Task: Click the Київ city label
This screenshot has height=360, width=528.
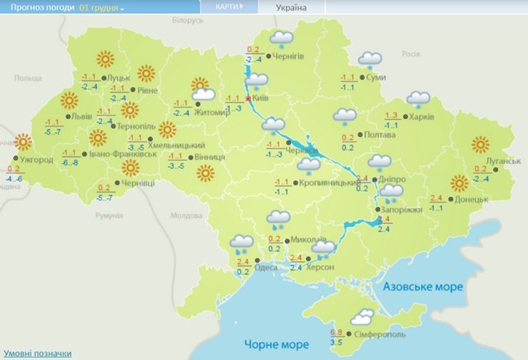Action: [x=260, y=98]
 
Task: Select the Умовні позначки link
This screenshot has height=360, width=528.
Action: [x=37, y=354]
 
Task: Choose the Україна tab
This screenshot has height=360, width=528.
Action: [x=291, y=7]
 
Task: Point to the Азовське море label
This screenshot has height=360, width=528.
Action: [x=423, y=287]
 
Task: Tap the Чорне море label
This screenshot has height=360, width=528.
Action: [x=277, y=344]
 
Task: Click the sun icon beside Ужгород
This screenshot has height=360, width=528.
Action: [x=24, y=142]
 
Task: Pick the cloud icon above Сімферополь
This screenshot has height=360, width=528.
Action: [x=362, y=317]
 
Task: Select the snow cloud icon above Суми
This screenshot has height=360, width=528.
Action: [x=370, y=61]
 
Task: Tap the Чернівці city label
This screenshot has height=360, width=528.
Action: [x=138, y=182]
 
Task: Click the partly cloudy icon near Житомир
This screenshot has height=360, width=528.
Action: [x=203, y=89]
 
